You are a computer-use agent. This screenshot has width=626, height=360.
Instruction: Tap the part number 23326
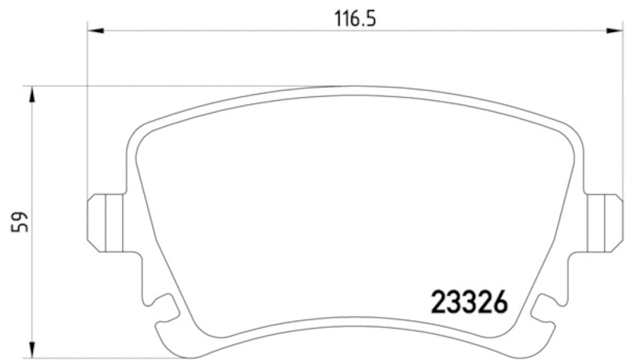pos(469,301)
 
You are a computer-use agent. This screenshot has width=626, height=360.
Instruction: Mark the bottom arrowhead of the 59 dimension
pos(32,348)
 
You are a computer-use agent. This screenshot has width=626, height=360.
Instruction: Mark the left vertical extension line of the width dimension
pos(88,117)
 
